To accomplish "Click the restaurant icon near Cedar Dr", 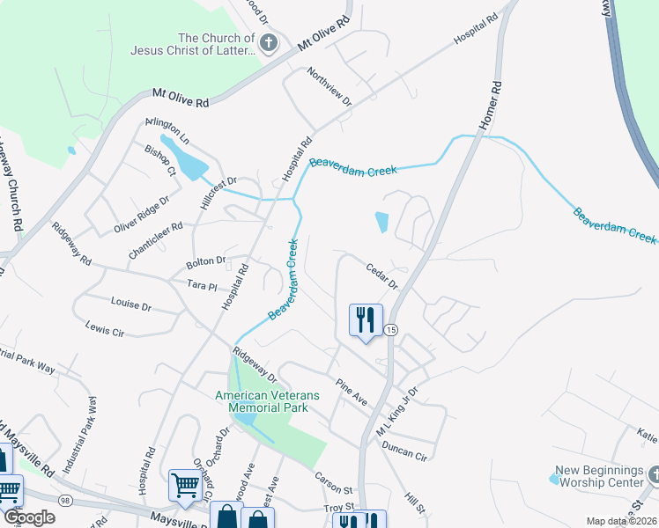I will tap(366, 319).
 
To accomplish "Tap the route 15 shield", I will tap(391, 329).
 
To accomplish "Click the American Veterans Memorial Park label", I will tap(267, 402).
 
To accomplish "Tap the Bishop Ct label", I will tap(160, 159).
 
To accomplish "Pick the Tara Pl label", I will tap(202, 284).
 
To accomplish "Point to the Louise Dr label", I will tap(131, 304).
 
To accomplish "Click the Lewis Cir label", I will tap(105, 329).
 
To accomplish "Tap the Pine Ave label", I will tap(352, 392).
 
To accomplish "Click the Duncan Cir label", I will tap(404, 451).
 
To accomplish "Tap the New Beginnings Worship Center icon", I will tap(653, 475).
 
